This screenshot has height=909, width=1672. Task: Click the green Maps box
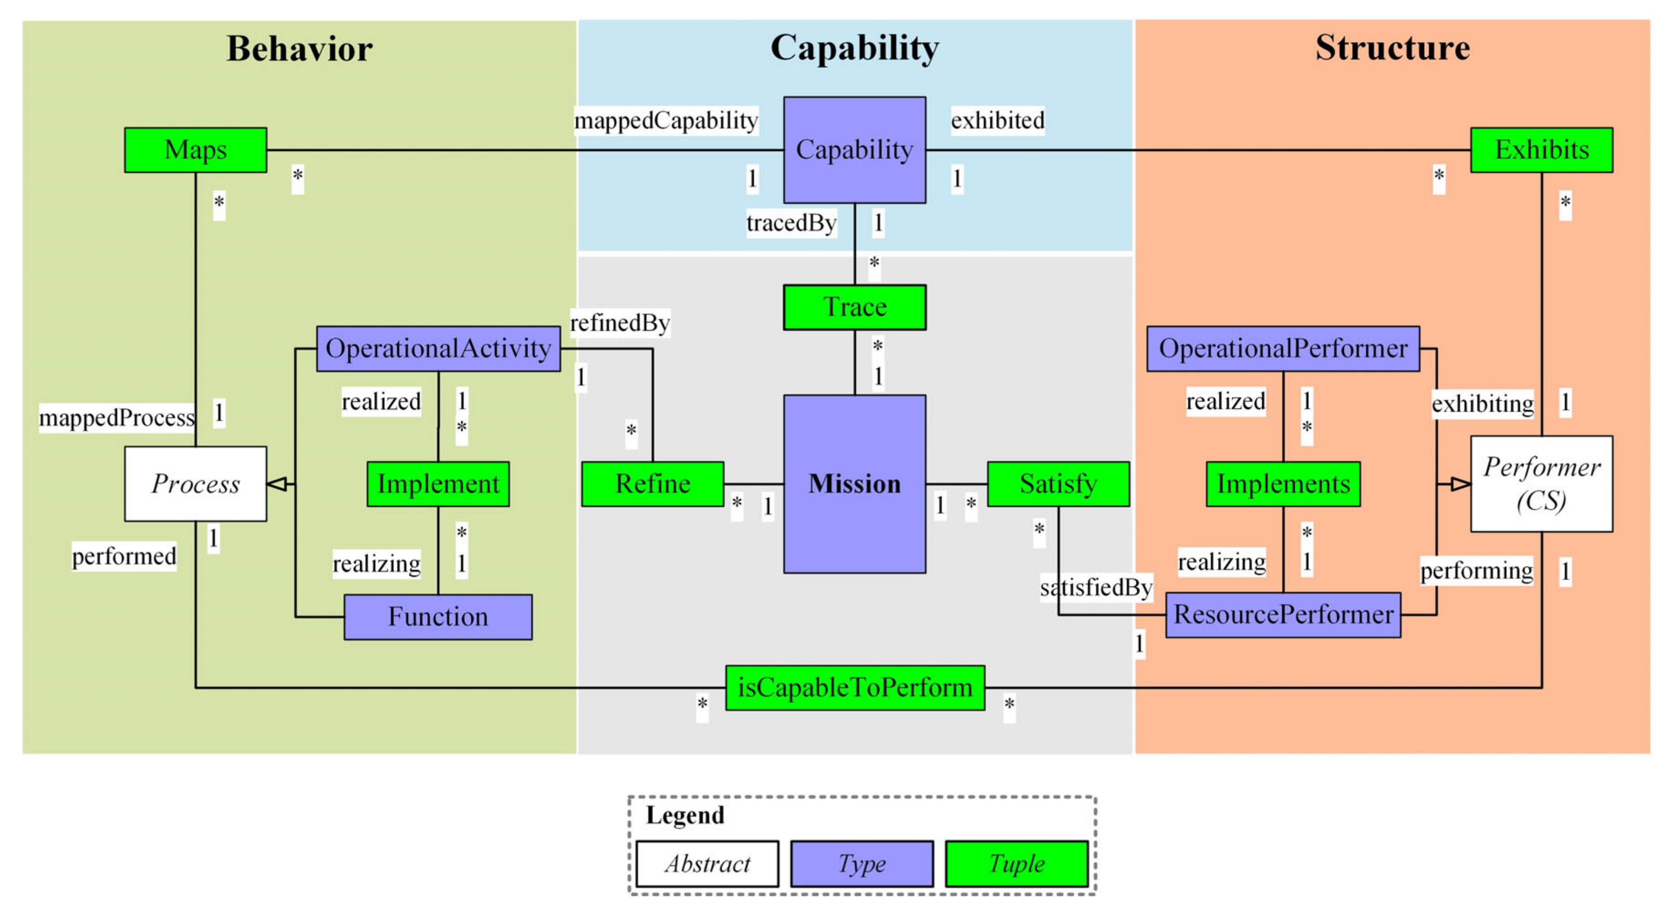point(195,150)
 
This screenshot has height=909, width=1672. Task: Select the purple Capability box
point(854,150)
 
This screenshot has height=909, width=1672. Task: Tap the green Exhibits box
point(1541,150)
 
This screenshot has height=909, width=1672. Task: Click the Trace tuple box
point(854,307)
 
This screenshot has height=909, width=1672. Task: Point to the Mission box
point(854,484)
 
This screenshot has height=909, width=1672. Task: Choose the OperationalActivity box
point(438,349)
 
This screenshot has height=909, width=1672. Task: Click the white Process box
point(195,484)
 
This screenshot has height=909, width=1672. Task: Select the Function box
point(438,617)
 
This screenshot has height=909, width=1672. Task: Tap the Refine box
point(652,484)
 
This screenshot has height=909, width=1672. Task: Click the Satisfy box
point(1058,484)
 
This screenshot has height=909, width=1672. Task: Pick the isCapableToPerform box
point(854,688)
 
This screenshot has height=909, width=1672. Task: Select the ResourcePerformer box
point(1283,615)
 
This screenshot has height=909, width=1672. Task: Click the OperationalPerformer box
point(1283,349)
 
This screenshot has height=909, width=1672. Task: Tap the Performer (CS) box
point(1541,484)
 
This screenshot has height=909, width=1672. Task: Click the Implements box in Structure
point(1283,484)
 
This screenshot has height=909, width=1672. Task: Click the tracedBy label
point(790,223)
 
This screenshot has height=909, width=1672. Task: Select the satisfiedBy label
point(1096,588)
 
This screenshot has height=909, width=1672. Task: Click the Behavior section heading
point(299,49)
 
